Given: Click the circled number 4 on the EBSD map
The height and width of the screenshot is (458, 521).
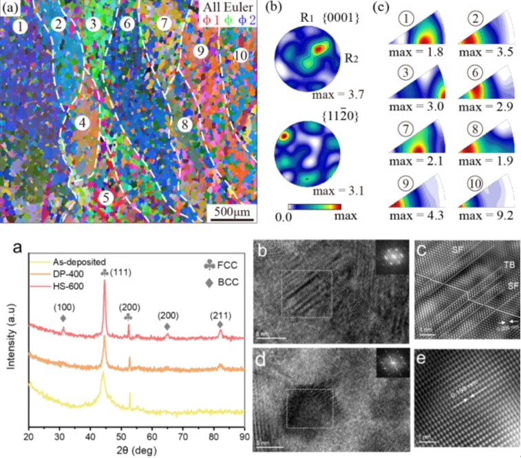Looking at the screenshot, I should (83, 124).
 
